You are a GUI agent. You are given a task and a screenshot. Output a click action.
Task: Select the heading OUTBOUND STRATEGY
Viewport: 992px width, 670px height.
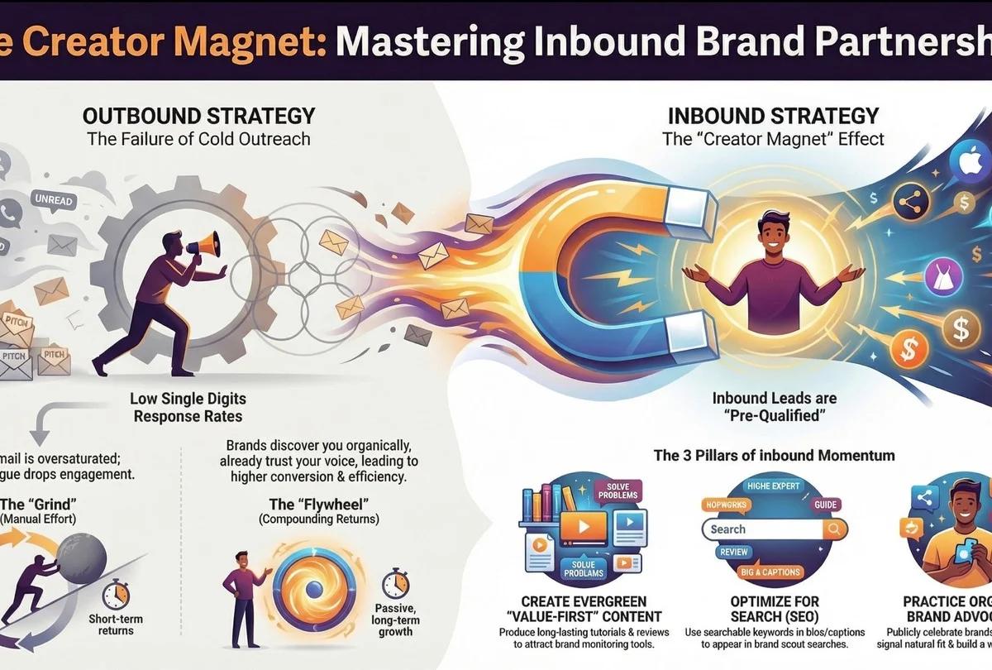pyautogui.click(x=198, y=114)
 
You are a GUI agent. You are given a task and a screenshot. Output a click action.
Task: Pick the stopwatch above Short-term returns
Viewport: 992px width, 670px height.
pyautogui.click(x=114, y=594)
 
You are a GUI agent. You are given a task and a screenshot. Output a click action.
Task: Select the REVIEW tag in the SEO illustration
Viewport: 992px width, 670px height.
pyautogui.click(x=732, y=552)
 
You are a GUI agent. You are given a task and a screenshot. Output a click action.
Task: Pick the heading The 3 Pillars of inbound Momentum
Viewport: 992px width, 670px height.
pyautogui.click(x=774, y=455)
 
